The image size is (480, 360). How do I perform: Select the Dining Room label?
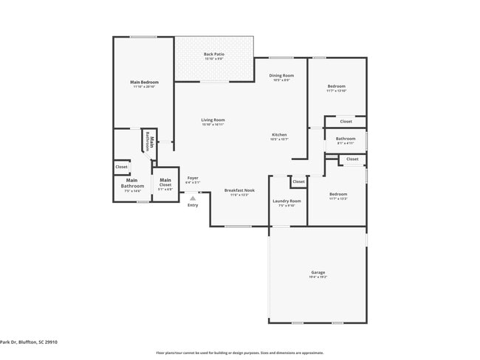click(x=281, y=76)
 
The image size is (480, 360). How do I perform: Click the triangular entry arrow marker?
click(x=193, y=198)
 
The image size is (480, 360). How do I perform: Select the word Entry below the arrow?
click(x=193, y=205)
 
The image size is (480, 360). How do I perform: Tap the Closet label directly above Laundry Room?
click(x=298, y=181)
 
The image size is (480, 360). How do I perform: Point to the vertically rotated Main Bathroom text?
click(x=148, y=141)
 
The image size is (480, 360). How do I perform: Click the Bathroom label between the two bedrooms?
click(x=346, y=139)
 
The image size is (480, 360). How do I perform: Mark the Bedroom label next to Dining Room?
click(x=337, y=87)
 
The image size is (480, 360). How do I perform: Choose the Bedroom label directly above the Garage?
click(x=337, y=195)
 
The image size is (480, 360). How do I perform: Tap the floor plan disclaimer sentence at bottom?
click(x=240, y=353)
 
